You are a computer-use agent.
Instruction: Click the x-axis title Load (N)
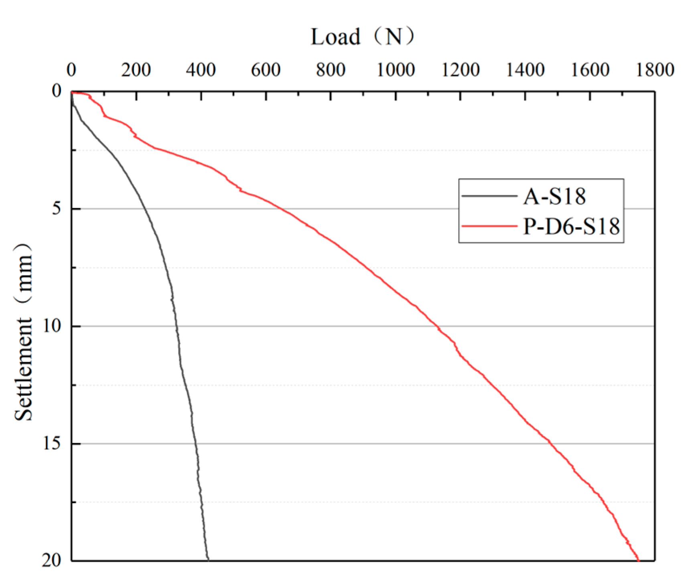[x=363, y=37]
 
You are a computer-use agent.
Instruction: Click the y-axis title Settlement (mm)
[x=23, y=332]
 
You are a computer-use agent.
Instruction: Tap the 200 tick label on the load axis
[x=136, y=70]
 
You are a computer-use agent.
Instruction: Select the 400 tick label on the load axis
[x=201, y=70]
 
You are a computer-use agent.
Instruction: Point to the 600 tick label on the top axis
[x=266, y=70]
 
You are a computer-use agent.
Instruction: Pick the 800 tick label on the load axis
[x=331, y=70]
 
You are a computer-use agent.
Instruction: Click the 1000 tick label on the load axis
[x=396, y=70]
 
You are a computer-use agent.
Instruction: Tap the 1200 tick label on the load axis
[x=460, y=70]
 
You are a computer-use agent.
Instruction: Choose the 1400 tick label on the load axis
[x=525, y=70]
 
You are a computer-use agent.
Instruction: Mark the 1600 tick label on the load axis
[x=590, y=70]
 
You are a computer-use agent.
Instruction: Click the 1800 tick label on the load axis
[x=655, y=70]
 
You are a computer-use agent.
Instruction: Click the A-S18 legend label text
[x=554, y=196]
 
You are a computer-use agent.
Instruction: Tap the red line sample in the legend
[x=489, y=227]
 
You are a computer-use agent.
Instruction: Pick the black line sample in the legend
[x=489, y=196]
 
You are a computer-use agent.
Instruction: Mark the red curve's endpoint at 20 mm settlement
[x=638, y=560]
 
